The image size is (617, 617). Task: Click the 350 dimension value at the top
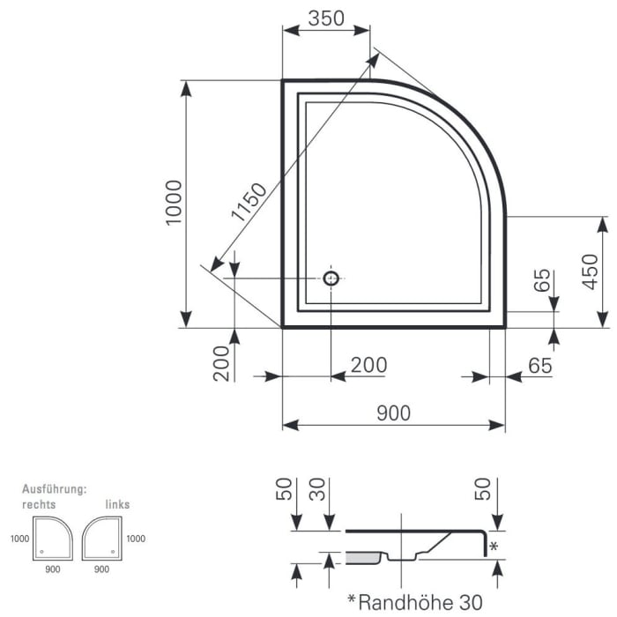[x=326, y=19]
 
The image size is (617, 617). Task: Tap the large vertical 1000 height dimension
[x=174, y=202]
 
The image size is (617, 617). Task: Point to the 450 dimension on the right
[x=591, y=271]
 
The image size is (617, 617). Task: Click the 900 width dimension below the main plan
[x=392, y=413]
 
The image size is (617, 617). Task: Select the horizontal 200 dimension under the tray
[x=368, y=364]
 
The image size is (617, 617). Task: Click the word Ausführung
[x=53, y=488]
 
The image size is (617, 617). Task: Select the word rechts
[x=39, y=504]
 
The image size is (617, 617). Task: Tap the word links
[x=117, y=504]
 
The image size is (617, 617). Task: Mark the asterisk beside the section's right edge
[x=494, y=547]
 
